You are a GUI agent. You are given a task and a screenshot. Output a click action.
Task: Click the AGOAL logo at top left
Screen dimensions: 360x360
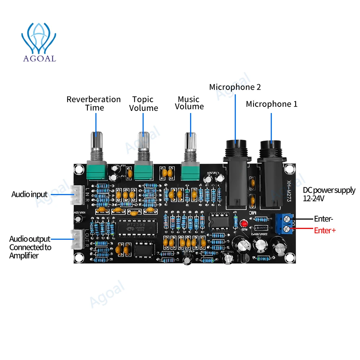(39, 42)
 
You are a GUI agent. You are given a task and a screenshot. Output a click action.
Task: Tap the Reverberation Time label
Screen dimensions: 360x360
(94, 103)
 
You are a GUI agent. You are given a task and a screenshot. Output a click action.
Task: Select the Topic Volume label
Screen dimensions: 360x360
(143, 104)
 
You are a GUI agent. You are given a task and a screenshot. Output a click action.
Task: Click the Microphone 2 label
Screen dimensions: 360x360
(235, 87)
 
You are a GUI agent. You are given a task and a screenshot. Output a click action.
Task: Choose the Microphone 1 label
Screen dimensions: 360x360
(272, 104)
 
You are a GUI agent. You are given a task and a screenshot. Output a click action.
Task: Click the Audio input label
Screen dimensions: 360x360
(30, 195)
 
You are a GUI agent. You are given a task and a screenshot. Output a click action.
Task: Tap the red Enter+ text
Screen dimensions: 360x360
(325, 230)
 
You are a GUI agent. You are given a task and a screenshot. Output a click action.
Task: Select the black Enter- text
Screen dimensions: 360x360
(324, 219)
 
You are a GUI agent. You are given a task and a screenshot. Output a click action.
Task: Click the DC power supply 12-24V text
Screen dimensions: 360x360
(329, 194)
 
